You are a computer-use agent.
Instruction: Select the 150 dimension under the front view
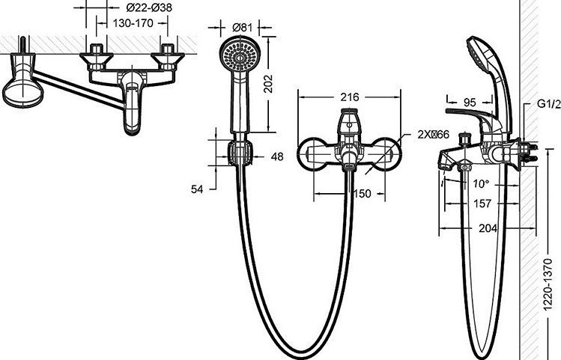(363, 194)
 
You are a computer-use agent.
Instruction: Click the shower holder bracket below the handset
(238, 152)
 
